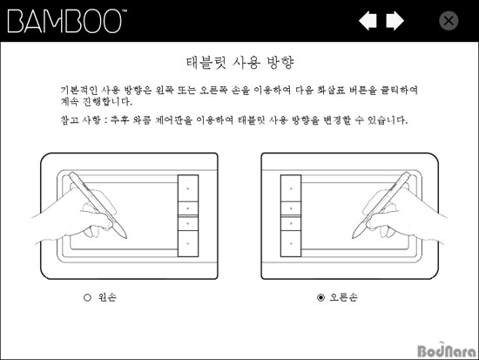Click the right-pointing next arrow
[x=395, y=21]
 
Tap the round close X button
[x=449, y=21]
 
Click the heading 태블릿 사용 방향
[x=239, y=63]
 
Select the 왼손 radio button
[x=87, y=297]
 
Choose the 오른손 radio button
[x=320, y=297]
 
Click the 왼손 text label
[x=107, y=297]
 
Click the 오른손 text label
[x=343, y=297]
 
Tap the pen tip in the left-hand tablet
[x=125, y=237]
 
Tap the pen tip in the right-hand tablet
[x=354, y=237]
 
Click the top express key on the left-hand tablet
[x=188, y=188]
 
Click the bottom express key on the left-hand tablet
[x=188, y=243]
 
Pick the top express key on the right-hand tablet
[x=291, y=188]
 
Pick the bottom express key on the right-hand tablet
[x=291, y=243]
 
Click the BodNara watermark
[x=447, y=350]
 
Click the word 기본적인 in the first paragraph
[x=79, y=91]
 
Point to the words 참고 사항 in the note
[x=80, y=120]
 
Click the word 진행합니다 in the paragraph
[x=108, y=101]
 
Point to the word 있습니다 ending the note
[x=388, y=120]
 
